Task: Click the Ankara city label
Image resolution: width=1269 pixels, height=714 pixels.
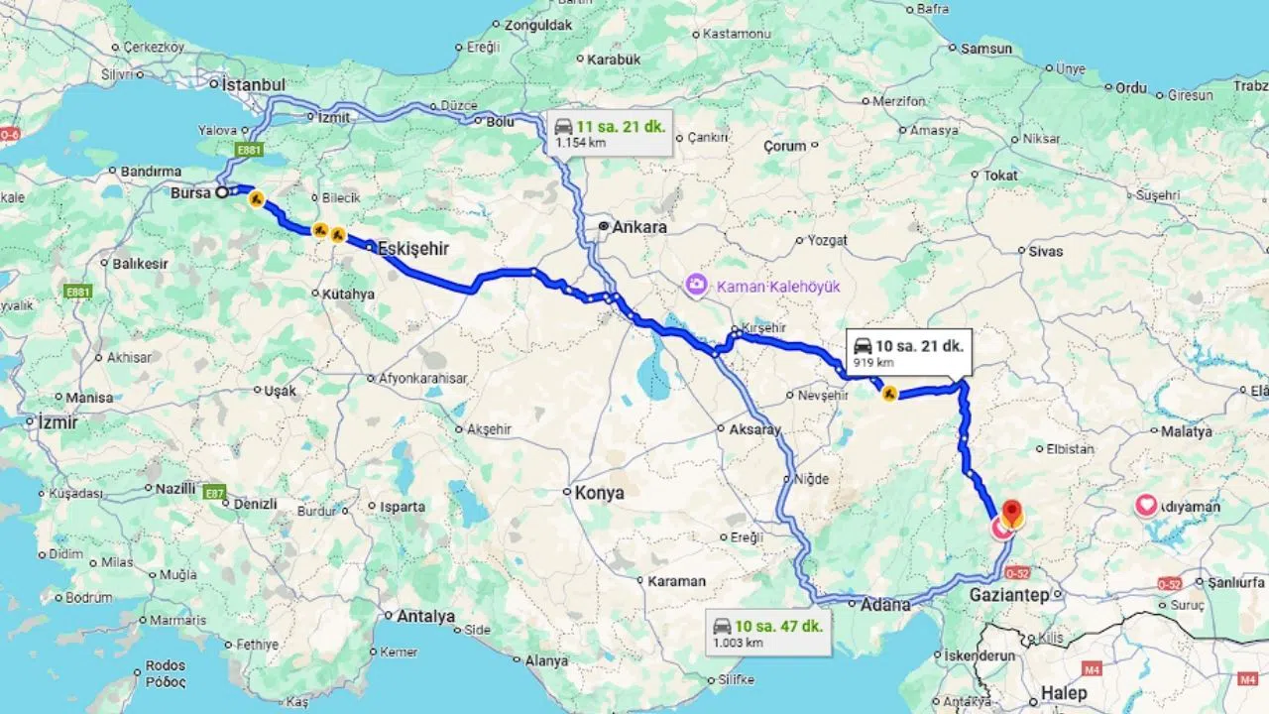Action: point(639,227)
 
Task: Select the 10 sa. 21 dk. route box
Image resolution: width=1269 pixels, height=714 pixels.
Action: point(908,351)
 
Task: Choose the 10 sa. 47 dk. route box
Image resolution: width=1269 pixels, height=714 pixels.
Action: point(768,632)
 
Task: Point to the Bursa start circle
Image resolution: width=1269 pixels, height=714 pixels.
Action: point(222,193)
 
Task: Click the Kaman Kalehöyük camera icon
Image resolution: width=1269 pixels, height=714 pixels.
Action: point(696,286)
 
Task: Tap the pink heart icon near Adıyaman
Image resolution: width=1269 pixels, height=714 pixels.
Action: point(1146,506)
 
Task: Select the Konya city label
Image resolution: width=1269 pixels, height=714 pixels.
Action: point(600,493)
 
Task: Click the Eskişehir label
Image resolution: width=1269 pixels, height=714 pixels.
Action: point(413,249)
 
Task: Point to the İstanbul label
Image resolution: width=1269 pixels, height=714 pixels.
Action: point(253,85)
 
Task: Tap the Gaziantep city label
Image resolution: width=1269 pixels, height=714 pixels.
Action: point(1008,595)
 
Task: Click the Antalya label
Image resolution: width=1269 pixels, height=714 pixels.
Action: point(425,617)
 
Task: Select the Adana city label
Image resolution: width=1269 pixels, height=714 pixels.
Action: point(885,604)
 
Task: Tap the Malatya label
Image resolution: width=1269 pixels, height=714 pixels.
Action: point(1187,432)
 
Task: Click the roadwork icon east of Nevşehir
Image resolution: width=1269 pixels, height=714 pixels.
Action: point(890,394)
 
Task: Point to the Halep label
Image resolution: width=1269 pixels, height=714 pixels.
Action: point(1063,693)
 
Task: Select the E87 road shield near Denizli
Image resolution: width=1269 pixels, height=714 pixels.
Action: point(214,492)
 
